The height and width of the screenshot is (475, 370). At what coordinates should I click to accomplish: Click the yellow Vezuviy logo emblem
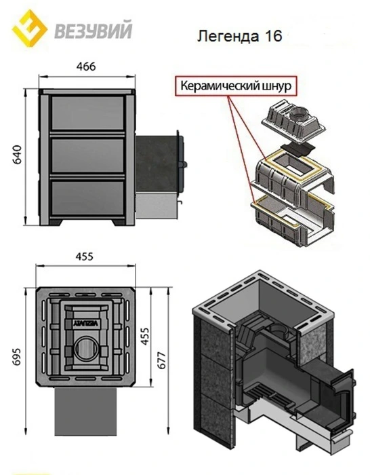pyautogui.click(x=29, y=28)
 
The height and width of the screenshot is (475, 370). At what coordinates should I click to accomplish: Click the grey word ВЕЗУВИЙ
pyautogui.click(x=94, y=29)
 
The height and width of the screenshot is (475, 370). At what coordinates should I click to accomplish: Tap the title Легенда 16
pyautogui.click(x=239, y=36)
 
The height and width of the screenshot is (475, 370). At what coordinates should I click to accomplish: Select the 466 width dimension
pyautogui.click(x=86, y=66)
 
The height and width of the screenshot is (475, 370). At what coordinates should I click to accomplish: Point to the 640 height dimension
pyautogui.click(x=18, y=154)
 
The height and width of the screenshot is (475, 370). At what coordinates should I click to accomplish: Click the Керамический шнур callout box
pyautogui.click(x=236, y=85)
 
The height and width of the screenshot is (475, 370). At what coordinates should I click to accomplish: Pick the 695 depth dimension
pyautogui.click(x=17, y=356)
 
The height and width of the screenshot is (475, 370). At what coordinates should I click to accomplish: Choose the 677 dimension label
pyautogui.click(x=162, y=360)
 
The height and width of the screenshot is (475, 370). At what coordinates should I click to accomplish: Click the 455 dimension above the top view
pyautogui.click(x=84, y=256)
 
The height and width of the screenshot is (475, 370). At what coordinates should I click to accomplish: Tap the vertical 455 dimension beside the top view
pyautogui.click(x=145, y=336)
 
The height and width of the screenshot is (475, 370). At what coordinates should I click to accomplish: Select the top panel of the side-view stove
pyautogui.click(x=87, y=113)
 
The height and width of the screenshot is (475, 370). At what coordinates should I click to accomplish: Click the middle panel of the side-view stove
pyautogui.click(x=87, y=155)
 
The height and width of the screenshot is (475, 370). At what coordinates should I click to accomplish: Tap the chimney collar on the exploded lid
pyautogui.click(x=299, y=114)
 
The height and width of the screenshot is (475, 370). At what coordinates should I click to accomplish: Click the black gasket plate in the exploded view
pyautogui.click(x=297, y=150)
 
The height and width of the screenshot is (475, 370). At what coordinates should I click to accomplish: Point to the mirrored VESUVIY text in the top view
pyautogui.click(x=85, y=323)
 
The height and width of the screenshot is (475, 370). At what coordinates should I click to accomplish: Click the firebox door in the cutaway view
pyautogui.click(x=342, y=396)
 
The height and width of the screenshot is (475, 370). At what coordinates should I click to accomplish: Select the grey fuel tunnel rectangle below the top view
pyautogui.click(x=85, y=411)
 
